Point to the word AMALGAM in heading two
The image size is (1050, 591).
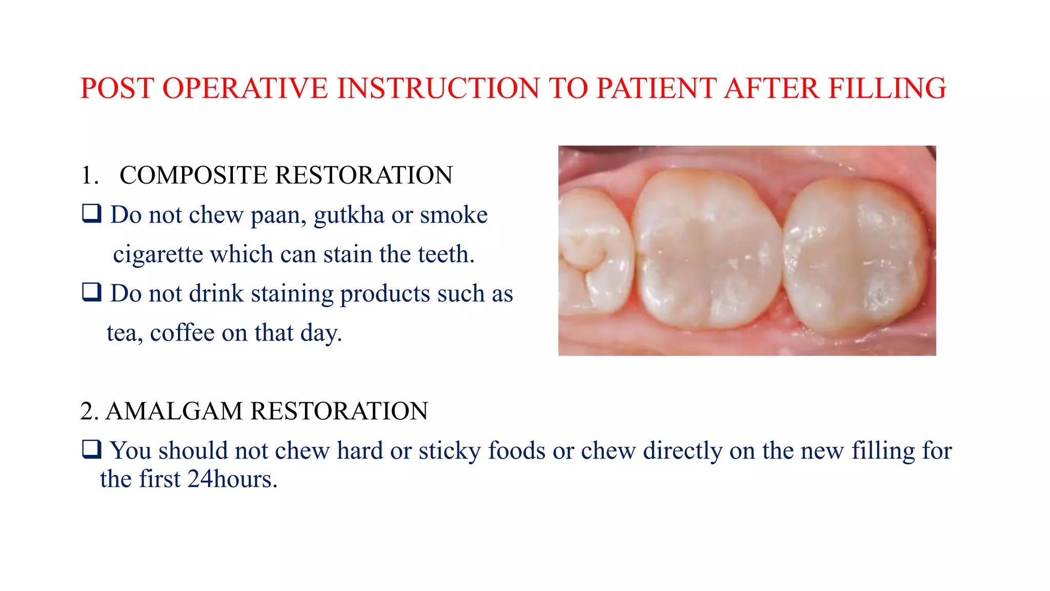coord(174,411)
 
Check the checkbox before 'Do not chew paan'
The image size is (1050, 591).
coord(92,213)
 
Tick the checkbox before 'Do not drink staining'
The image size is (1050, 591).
coord(92,292)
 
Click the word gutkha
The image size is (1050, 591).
coord(349,215)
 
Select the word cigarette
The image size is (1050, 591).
coord(157,254)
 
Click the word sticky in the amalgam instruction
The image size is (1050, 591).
coord(450,451)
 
